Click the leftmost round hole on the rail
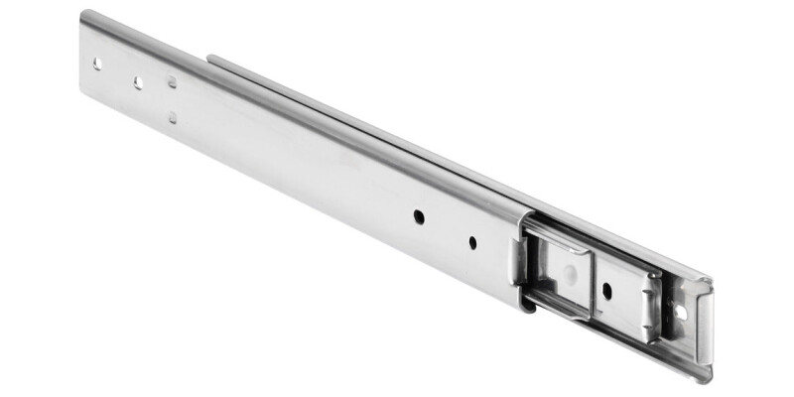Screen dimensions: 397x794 97,63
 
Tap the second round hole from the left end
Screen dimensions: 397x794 138,81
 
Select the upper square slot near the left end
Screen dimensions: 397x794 172,81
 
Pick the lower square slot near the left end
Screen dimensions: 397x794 173,117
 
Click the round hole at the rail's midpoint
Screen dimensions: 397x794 420,214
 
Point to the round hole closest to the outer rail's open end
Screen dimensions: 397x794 472,241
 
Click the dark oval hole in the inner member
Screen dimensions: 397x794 605,291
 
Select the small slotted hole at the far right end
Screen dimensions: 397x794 681,311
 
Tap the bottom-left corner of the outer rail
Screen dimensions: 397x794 83,92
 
